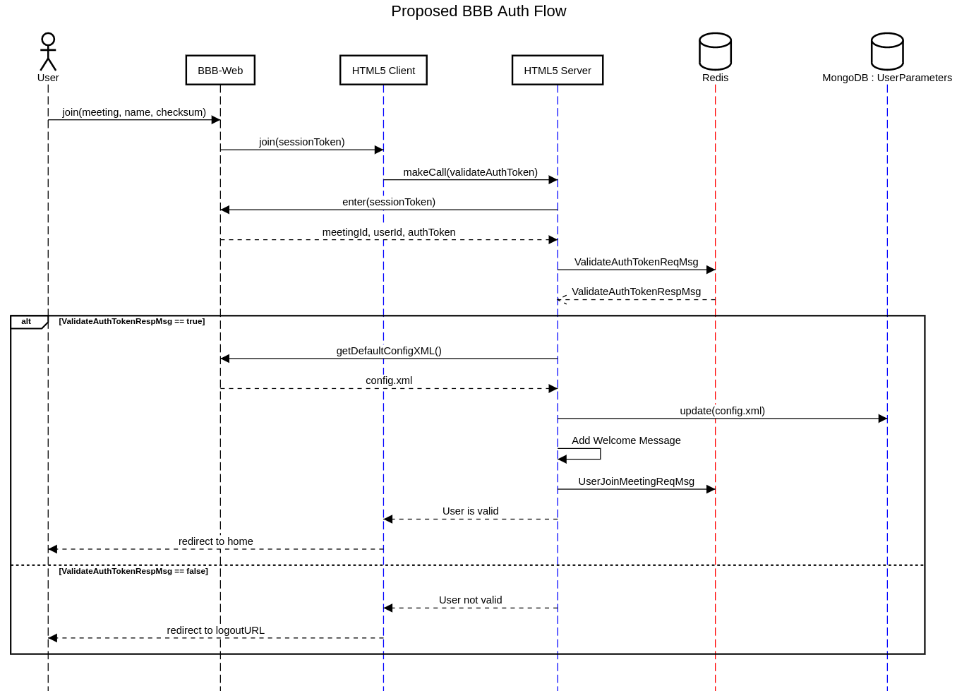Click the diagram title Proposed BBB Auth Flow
[479, 11]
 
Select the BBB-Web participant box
[220, 71]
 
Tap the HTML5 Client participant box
[383, 71]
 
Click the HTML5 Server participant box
[558, 71]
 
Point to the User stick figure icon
[48, 52]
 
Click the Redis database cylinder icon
[715, 52]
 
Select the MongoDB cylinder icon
[887, 52]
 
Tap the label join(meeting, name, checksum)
[134, 112]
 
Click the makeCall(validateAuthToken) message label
[470, 172]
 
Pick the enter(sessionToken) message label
[389, 202]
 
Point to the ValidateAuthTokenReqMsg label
[636, 262]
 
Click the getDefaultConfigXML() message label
[389, 351]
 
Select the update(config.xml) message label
[722, 411]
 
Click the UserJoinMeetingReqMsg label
[636, 481]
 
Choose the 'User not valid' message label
[470, 600]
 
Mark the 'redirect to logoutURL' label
[215, 630]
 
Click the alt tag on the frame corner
[26, 322]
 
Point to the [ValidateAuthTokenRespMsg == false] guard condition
[133, 571]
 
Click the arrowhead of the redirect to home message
[53, 549]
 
